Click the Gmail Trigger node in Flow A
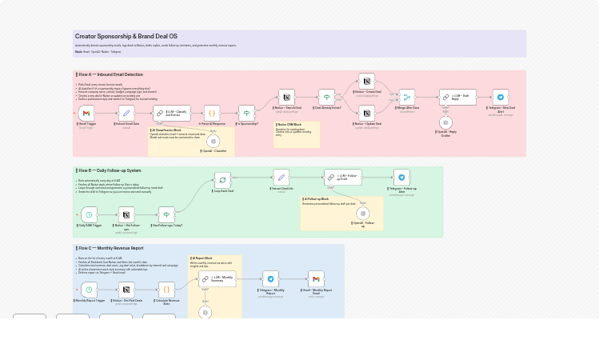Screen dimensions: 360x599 87,114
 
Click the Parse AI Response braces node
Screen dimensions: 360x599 212,114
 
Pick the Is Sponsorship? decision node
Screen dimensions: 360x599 247,114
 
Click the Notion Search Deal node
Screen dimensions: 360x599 287,97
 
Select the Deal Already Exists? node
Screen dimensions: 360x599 326,97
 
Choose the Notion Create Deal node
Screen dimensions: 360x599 367,81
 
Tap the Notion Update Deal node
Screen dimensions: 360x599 367,113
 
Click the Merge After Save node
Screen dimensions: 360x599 407,97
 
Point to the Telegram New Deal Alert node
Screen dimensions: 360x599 501,97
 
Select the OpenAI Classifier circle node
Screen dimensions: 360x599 213,141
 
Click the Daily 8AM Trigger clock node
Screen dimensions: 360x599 89,214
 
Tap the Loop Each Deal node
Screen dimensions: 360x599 223,180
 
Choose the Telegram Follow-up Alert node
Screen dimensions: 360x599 401,178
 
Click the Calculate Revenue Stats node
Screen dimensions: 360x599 166,289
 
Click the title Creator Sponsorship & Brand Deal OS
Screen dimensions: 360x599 126,37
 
